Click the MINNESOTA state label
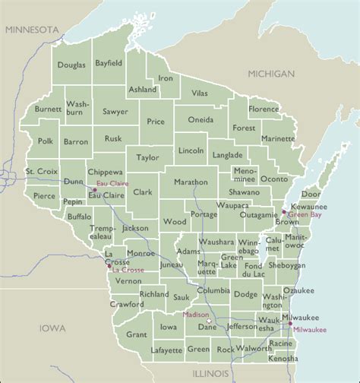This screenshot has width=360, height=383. (31, 29)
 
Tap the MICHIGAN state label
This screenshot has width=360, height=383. (270, 74)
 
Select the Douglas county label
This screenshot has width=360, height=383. (71, 65)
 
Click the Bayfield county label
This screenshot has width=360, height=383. (110, 64)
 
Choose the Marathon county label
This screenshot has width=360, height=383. (190, 182)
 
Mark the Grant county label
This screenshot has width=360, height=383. (137, 334)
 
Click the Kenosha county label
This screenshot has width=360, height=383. (283, 357)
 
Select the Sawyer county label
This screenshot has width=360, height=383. (115, 111)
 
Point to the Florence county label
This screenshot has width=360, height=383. (264, 109)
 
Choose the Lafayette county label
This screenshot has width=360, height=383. (166, 350)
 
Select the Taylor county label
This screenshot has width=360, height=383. (147, 157)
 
